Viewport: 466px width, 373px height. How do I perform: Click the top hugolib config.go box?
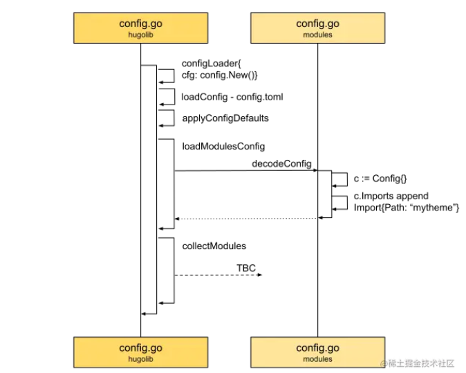coord(140,28)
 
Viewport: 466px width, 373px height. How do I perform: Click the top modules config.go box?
coord(318,28)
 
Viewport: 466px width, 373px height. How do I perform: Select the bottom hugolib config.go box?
coord(140,352)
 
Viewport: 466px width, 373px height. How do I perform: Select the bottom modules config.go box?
coord(318,352)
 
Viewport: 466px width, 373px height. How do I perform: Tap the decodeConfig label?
coord(281,163)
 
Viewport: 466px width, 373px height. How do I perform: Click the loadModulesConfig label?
coord(223,147)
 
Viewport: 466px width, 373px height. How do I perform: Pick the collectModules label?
coord(214,246)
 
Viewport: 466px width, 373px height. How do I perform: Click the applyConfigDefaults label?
coord(225,118)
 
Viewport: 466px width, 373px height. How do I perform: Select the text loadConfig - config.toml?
coord(232,97)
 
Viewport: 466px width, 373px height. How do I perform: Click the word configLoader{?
coord(210,64)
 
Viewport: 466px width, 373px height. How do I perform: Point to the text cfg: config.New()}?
coord(220,75)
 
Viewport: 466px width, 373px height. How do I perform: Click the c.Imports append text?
coord(391,196)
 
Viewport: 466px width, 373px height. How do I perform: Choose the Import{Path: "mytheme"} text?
coord(407,207)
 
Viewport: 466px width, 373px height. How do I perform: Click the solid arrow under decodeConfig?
coord(245,171)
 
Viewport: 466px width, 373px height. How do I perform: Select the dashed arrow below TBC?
coord(218,275)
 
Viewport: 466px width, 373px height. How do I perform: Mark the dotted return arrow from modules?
coord(245,218)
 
